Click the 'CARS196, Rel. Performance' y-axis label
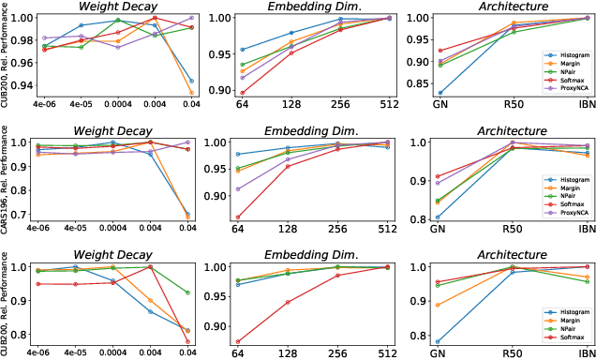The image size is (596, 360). (7, 180)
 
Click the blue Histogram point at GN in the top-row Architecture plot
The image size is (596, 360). (441, 93)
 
